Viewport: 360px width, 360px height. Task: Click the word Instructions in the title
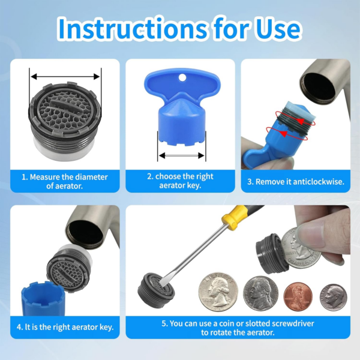point(133,29)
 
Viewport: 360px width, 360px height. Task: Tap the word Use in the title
point(278,29)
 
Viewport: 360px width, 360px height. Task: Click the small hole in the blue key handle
point(182,78)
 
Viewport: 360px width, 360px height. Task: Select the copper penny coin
point(298,296)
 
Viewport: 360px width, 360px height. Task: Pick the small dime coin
point(333,298)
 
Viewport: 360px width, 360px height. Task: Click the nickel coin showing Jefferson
point(260,293)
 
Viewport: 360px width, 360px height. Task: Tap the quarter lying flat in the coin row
point(218,292)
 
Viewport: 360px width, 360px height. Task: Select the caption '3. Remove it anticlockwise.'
point(296,182)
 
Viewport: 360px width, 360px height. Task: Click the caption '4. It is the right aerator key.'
point(65,327)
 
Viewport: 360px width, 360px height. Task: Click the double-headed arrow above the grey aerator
point(65,76)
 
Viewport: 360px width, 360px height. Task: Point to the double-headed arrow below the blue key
point(181,155)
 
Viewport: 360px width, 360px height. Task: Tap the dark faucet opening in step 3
point(319,86)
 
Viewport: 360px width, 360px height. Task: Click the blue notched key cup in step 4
point(43,298)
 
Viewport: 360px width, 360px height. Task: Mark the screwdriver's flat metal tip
point(163,282)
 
